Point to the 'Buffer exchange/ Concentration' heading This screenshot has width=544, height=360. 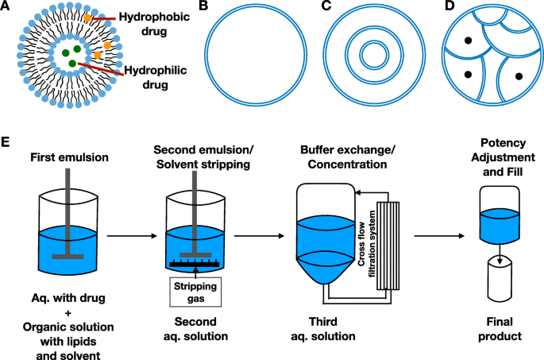(x=343, y=157)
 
